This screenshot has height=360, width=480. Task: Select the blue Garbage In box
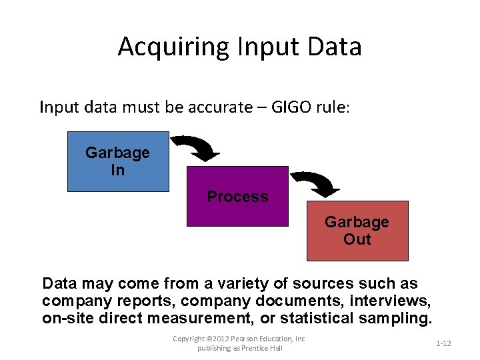click(x=118, y=161)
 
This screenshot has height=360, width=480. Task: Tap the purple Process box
click(x=237, y=197)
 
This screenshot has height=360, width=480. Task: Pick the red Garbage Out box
click(x=357, y=231)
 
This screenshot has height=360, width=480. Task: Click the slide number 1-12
click(x=443, y=343)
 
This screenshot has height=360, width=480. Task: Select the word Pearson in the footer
click(x=248, y=339)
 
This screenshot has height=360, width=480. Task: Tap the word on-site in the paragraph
click(x=65, y=317)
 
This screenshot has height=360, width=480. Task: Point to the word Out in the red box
click(x=357, y=239)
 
